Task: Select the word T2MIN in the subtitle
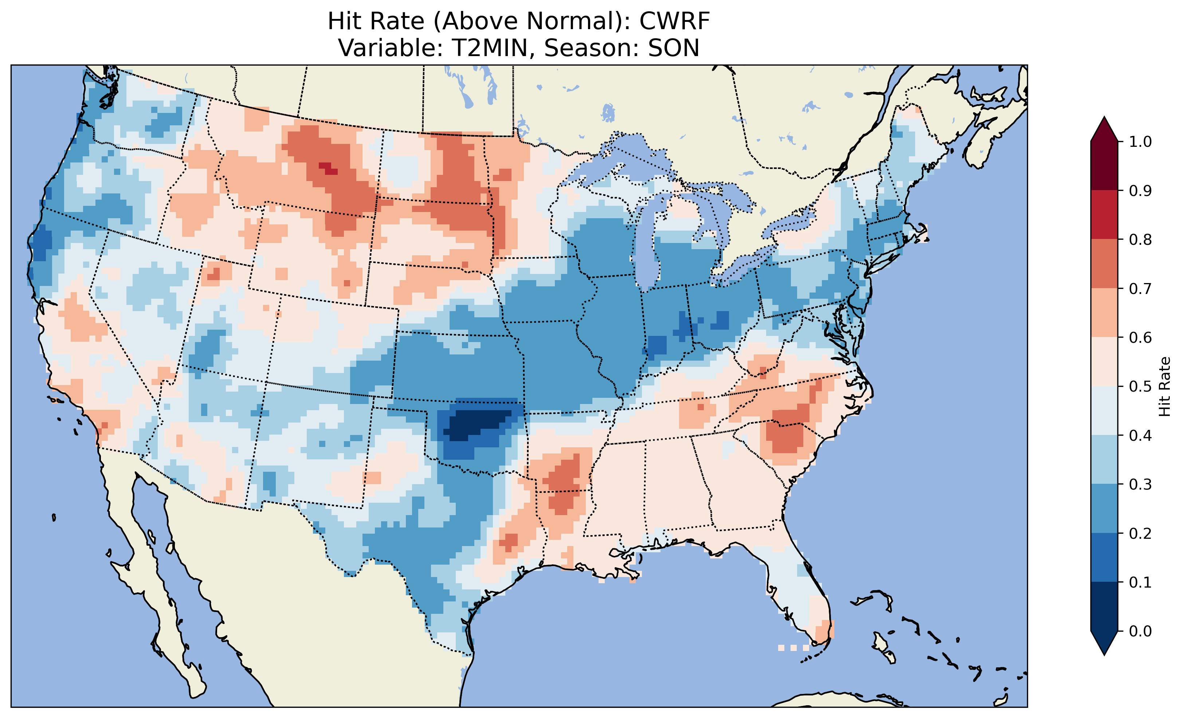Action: coord(485,48)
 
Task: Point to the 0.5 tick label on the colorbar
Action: coord(1140,387)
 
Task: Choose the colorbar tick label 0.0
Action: coord(1140,631)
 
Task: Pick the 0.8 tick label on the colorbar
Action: coord(1140,239)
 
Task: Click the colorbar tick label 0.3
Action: coord(1140,484)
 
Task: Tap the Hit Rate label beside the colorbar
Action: coord(1164,387)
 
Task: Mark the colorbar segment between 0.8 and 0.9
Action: coord(1104,215)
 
